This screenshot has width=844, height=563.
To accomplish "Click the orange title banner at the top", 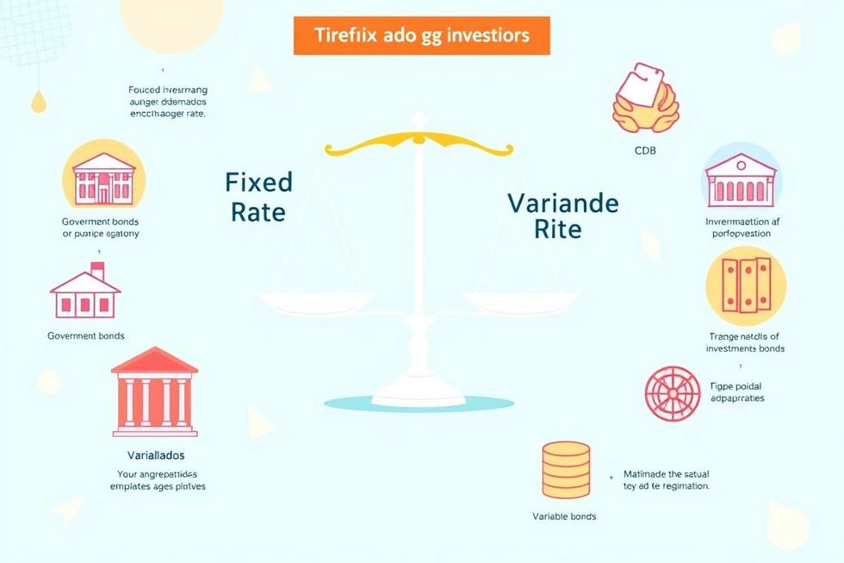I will coord(421,35).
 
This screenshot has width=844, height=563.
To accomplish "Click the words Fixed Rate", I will coord(258,197).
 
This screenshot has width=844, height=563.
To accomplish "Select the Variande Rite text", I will coord(562,216).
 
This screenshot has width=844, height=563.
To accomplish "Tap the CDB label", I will coord(645,151).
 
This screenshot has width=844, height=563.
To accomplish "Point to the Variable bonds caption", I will coord(564,516).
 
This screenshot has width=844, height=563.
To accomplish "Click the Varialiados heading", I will coord(155,454).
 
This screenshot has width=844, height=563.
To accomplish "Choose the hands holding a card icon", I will coord(645,100).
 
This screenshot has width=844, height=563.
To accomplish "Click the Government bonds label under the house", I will coord(86,335).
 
